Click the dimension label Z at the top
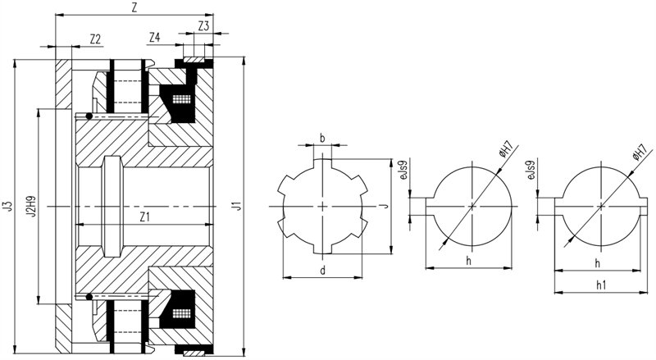pos(134,8)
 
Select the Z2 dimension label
pos(95,39)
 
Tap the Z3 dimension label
pos(203,26)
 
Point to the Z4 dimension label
pos(154,38)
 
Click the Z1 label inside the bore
pos(145,216)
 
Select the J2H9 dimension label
pos(30,206)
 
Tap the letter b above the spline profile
pos(322,138)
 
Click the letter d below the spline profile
pos(322,271)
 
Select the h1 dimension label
pos(601,285)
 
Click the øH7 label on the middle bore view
pos(506,151)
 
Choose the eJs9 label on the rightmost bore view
pos(531,171)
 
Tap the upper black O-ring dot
pos(89,116)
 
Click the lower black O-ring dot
pos(89,297)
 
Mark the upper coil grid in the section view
pos(181,99)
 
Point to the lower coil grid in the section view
pos(181,313)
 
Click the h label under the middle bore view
pos(468,262)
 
